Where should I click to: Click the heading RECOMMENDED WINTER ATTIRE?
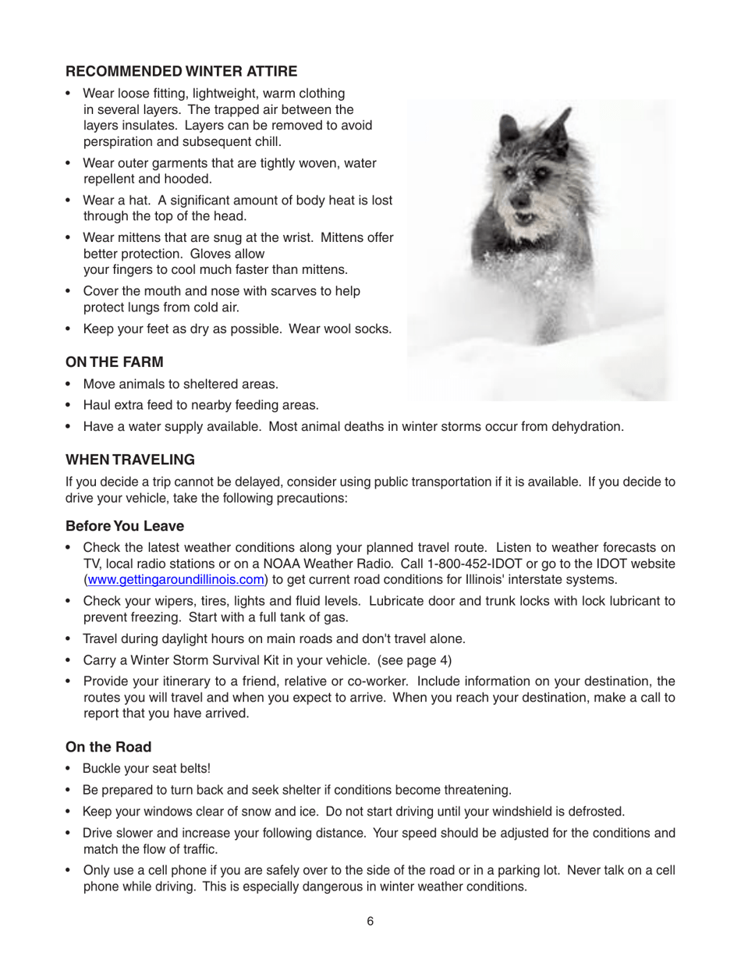(x=181, y=72)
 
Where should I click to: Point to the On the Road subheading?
(x=112, y=745)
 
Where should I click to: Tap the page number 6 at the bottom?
(x=370, y=921)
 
